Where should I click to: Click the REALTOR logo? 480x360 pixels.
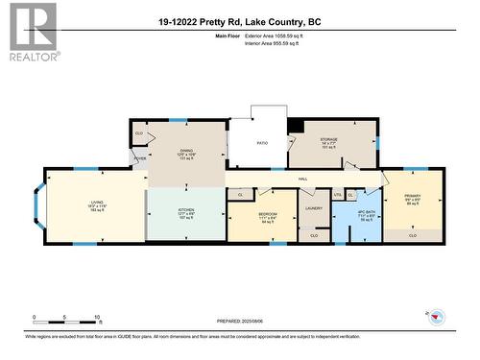coord(31,32)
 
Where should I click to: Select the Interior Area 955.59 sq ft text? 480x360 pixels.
coord(281,42)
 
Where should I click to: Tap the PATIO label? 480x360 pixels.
coord(260,143)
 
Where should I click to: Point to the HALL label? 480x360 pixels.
coord(301,180)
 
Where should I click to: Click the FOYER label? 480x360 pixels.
coord(140,158)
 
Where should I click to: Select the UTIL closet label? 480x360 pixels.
coord(337,194)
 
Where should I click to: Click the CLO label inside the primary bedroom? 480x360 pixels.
coord(413,234)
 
